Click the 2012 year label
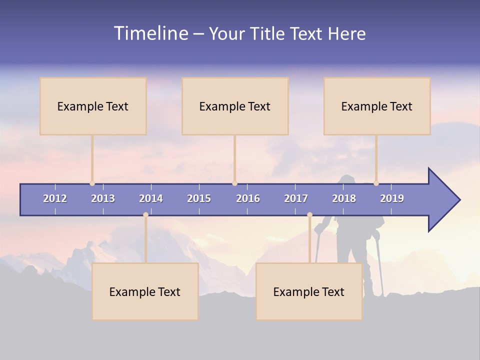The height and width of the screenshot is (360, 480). point(55,198)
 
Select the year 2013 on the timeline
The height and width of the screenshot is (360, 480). point(103,198)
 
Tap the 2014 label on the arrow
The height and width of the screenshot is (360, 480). point(151,198)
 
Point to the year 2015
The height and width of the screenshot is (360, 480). point(199,198)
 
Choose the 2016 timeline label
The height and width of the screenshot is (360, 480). point(248,198)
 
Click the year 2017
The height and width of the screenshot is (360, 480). point(296,198)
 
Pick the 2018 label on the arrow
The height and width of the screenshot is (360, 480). point(344,198)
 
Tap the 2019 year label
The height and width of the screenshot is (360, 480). point(392,198)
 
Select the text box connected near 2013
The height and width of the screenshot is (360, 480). point(93,106)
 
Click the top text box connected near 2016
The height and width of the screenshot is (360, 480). point(235,106)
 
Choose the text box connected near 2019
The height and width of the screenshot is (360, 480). point(377,106)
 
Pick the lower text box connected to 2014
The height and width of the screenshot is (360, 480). point(145,291)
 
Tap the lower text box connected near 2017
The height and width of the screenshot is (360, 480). point(309,291)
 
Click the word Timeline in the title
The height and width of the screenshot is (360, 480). point(150,33)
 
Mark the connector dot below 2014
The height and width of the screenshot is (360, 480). point(145,214)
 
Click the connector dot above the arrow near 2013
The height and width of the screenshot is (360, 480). point(92,183)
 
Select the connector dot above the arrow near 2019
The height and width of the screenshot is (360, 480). point(376,183)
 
